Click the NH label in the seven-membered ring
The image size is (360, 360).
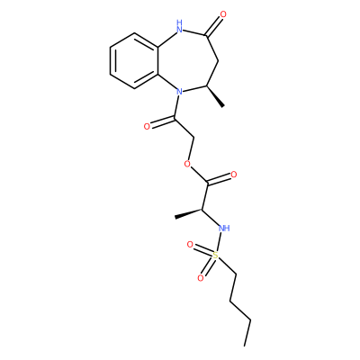(x=179, y=26)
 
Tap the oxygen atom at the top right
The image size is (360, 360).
(x=222, y=14)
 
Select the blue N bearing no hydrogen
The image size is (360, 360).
(x=179, y=90)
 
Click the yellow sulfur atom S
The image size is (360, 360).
(x=215, y=256)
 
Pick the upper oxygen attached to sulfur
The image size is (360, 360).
(x=190, y=245)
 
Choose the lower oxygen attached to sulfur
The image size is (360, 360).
(x=201, y=278)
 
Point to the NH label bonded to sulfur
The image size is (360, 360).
(x=224, y=229)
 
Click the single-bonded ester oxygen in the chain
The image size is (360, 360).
(x=187, y=164)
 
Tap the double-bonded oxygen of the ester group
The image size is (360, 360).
(x=234, y=175)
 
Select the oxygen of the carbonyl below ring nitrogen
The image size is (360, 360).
(x=147, y=126)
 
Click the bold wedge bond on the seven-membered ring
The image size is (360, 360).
(x=215, y=96)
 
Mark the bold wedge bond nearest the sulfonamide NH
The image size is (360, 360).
(x=189, y=213)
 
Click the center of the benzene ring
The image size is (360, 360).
(x=134, y=60)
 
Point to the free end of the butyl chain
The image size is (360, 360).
(x=246, y=346)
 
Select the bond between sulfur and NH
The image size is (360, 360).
(x=220, y=242)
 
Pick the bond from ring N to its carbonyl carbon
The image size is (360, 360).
(x=176, y=105)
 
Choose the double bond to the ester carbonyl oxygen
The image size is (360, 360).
(x=219, y=179)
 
